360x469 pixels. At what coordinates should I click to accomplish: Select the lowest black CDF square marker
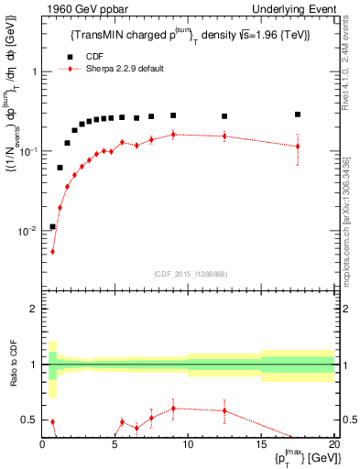pos(52,226)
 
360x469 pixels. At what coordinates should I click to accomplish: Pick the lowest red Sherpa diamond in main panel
pos(52,251)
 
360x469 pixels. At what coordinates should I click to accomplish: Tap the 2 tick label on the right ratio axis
pos(346,310)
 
